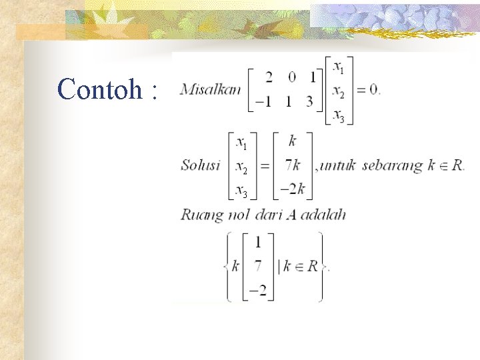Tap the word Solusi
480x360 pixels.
(x=200, y=166)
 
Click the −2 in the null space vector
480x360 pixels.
(x=257, y=291)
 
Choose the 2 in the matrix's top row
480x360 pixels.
(x=268, y=77)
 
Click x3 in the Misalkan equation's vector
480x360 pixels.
(x=339, y=117)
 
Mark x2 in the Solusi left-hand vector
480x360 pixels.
(x=242, y=169)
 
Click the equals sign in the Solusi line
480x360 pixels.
(x=265, y=166)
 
